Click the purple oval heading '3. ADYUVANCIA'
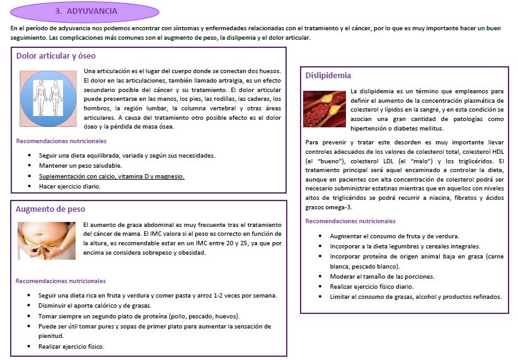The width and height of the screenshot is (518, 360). pyautogui.click(x=94, y=11)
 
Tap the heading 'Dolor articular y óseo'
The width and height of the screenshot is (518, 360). pyautogui.click(x=56, y=55)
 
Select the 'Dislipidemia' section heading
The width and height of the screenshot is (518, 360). pyautogui.click(x=328, y=76)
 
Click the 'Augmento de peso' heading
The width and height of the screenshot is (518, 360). pyautogui.click(x=50, y=209)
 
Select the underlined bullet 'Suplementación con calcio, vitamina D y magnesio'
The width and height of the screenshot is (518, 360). pyautogui.click(x=111, y=176)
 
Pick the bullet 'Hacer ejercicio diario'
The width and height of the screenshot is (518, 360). pyautogui.click(x=69, y=187)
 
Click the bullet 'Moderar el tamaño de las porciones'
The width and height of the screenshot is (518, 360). pyautogui.click(x=382, y=276)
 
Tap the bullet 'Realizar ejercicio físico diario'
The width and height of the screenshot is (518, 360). pyautogui.click(x=372, y=286)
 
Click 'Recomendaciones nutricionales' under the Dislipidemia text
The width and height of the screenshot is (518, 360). pyautogui.click(x=350, y=221)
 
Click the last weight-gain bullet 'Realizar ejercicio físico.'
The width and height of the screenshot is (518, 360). pyautogui.click(x=71, y=346)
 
